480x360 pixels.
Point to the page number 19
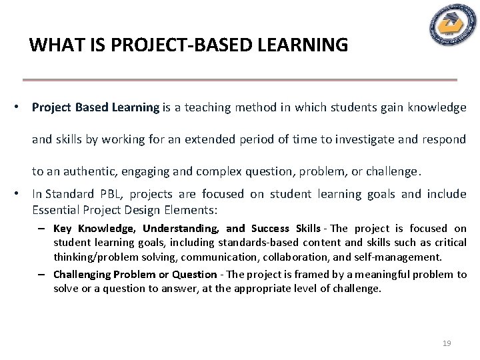[447, 343]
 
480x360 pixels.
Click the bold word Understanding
[181, 229]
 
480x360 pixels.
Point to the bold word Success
[270, 229]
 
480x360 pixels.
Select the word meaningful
[392, 275]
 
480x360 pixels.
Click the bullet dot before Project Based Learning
[21, 107]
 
